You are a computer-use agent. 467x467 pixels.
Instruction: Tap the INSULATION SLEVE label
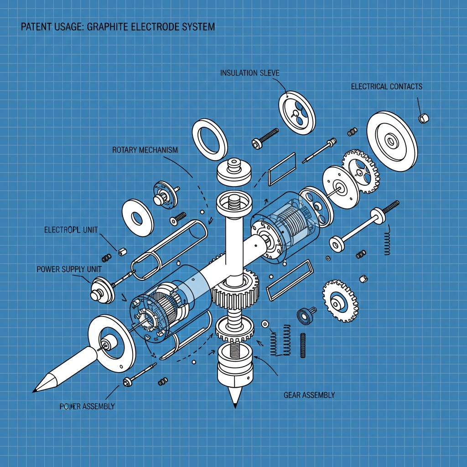[x=249, y=73]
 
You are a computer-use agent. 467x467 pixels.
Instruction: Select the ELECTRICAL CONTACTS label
[x=386, y=86]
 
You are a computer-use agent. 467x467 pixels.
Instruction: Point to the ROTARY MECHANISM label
[x=145, y=150]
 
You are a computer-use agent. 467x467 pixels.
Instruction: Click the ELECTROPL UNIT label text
[x=71, y=230]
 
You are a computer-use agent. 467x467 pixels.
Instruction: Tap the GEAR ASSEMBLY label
[x=309, y=394]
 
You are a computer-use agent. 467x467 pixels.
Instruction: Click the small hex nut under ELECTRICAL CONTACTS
[x=423, y=118]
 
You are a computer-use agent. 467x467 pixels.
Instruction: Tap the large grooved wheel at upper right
[x=392, y=141]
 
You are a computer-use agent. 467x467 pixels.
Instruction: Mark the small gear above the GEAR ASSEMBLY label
[x=340, y=301]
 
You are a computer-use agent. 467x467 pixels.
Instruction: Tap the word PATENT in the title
[x=36, y=27]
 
